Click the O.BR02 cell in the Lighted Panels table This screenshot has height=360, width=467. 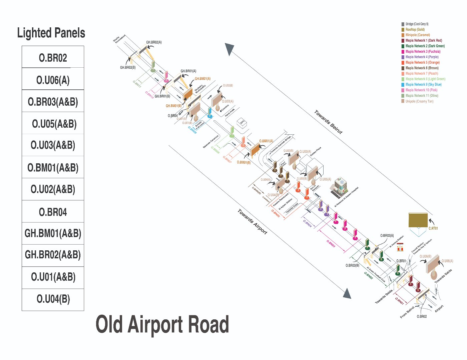(x=53, y=58)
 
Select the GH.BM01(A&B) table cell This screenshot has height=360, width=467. (x=53, y=233)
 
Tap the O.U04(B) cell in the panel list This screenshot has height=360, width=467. (x=53, y=299)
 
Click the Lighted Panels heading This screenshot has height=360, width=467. (x=51, y=33)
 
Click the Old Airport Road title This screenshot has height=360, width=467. (x=162, y=324)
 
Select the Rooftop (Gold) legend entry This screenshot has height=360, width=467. (x=415, y=30)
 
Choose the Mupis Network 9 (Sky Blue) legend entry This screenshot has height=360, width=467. (x=423, y=85)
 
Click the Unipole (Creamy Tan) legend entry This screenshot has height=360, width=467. (x=419, y=101)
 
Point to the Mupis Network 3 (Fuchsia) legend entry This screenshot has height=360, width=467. (x=423, y=52)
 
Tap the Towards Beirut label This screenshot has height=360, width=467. (x=328, y=122)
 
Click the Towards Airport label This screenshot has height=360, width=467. (x=252, y=222)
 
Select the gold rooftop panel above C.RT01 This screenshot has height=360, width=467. (x=418, y=220)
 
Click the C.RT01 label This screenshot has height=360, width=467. (x=433, y=228)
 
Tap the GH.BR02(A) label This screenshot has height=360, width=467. (x=154, y=42)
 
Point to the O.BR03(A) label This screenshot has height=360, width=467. (x=387, y=236)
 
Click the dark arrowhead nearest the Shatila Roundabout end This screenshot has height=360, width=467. (x=229, y=49)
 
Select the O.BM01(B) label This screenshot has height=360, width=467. (x=244, y=162)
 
